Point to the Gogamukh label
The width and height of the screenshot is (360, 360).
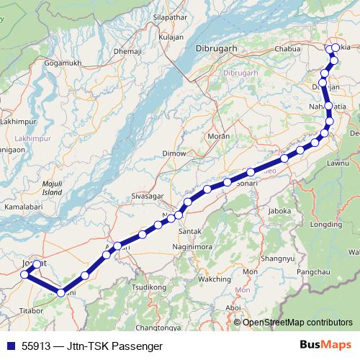click(63, 63)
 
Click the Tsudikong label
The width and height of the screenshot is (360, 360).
click(148, 287)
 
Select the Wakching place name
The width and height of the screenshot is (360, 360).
click(214, 278)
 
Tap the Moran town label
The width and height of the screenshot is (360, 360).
click(218, 135)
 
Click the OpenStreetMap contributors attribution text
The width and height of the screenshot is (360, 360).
click(298, 322)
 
